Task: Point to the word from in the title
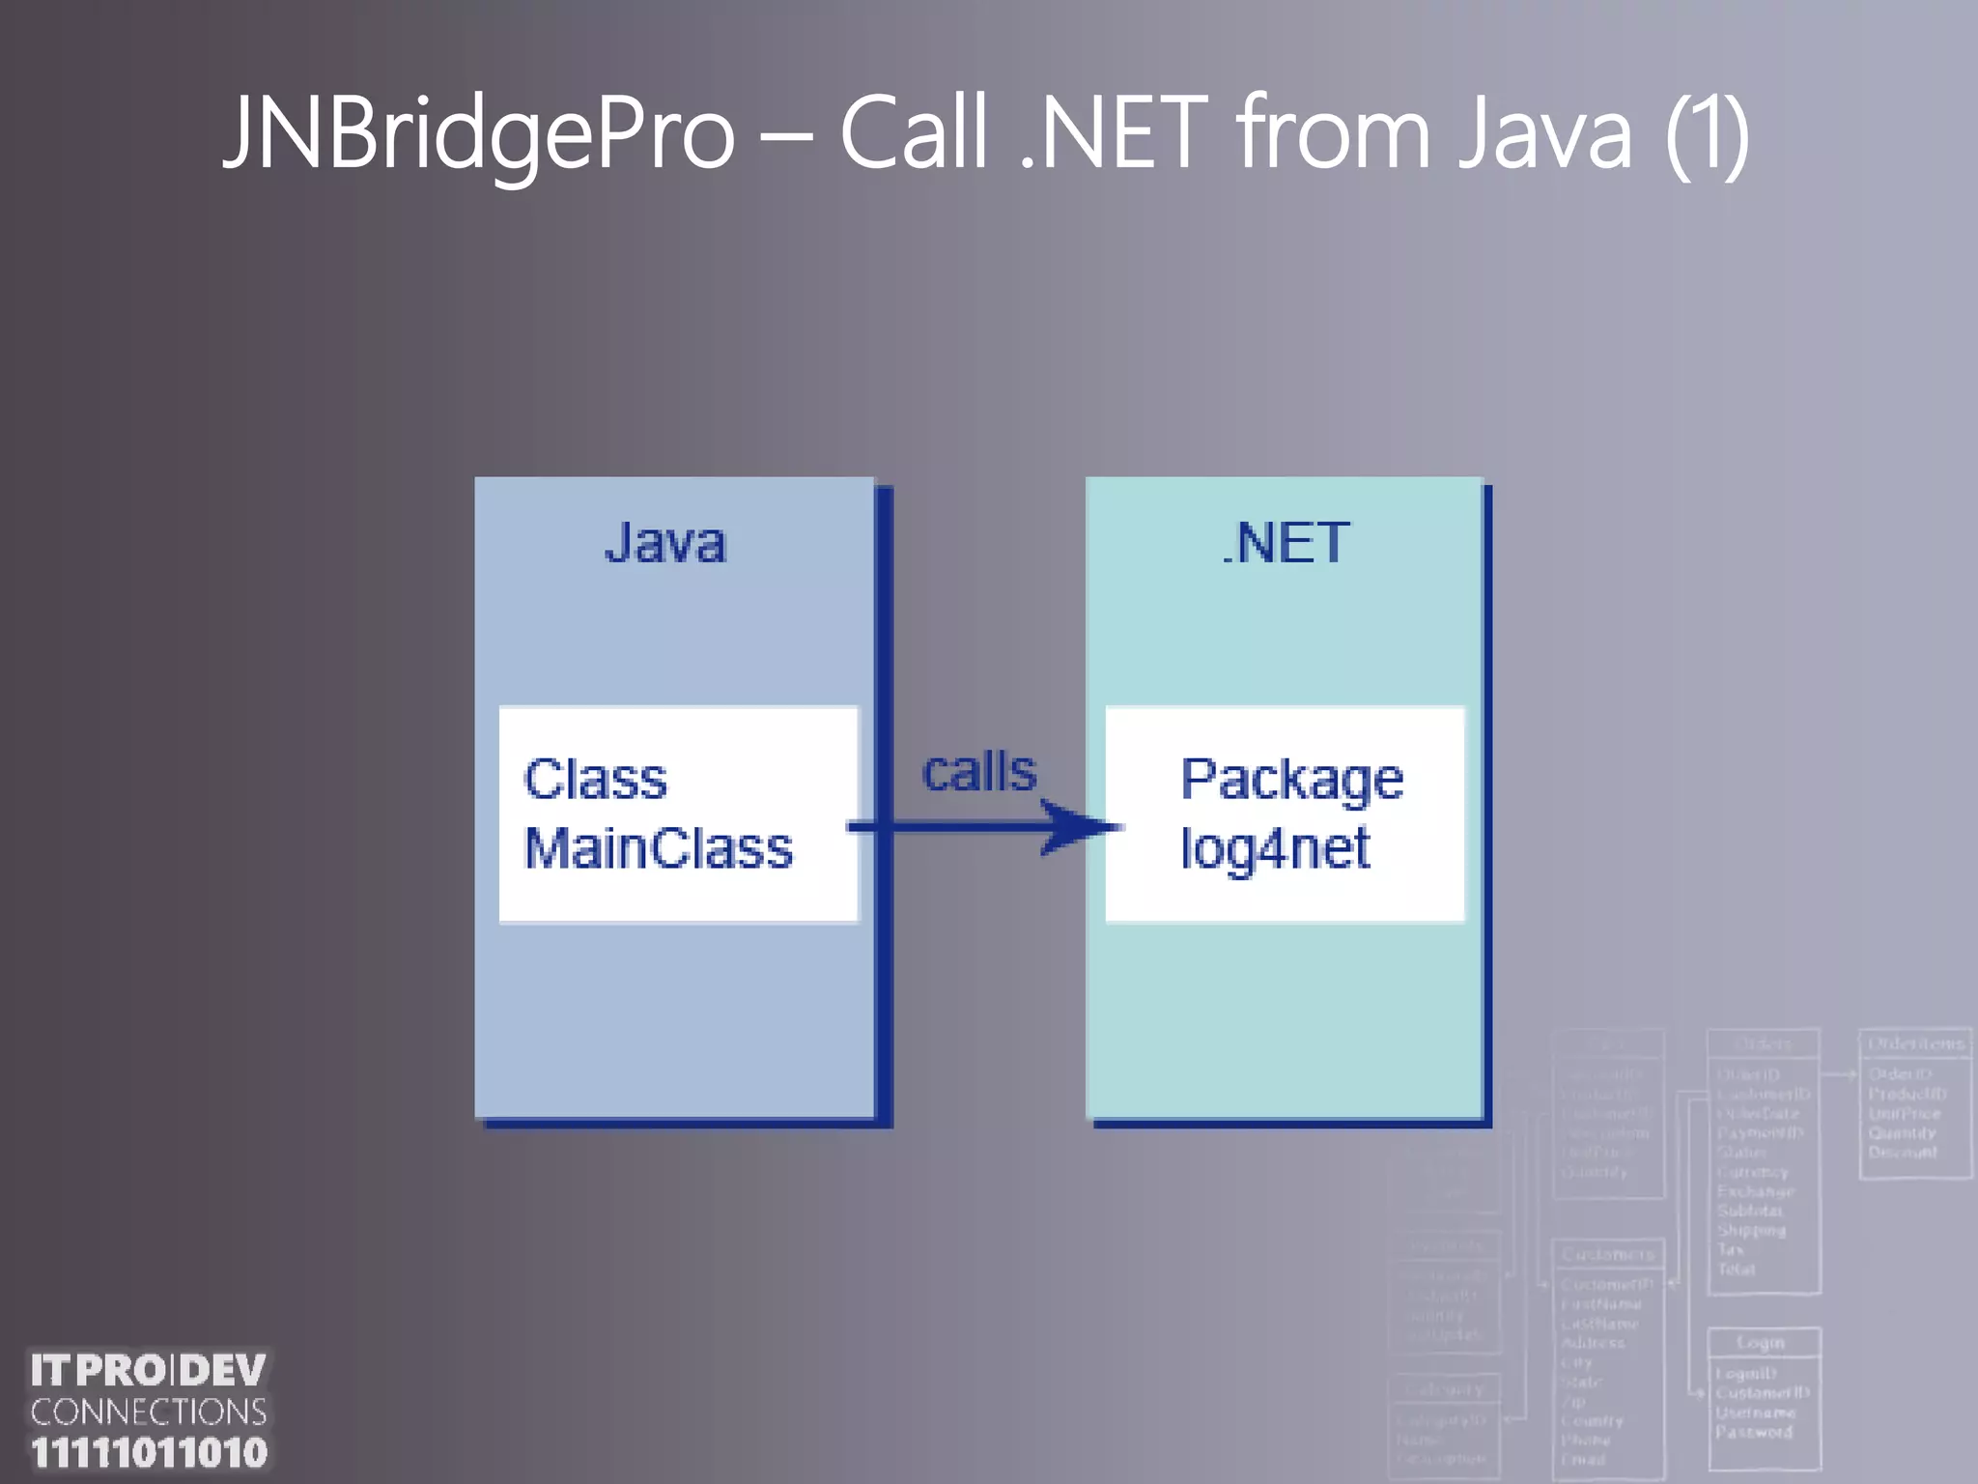[1334, 132]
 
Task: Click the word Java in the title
[1546, 132]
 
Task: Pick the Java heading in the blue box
[664, 542]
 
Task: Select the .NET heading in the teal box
[1286, 542]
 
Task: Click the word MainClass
[658, 848]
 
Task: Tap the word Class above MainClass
[595, 779]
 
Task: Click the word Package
[1291, 780]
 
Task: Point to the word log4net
[1275, 848]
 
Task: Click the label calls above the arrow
[979, 772]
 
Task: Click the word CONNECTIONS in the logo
[149, 1412]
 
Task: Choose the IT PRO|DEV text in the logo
[149, 1370]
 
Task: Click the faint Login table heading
[1761, 1343]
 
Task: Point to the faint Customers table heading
[1608, 1254]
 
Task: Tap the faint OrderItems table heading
[1915, 1043]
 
